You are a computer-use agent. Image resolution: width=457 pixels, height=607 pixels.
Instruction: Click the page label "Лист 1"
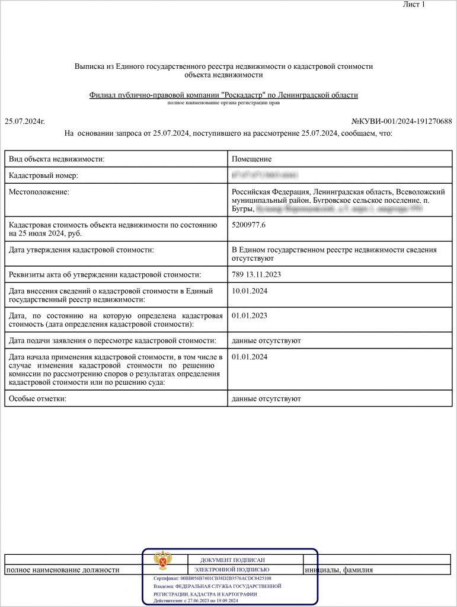pyautogui.click(x=414, y=5)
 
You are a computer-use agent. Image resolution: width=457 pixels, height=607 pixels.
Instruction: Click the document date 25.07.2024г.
pyautogui.click(x=25, y=121)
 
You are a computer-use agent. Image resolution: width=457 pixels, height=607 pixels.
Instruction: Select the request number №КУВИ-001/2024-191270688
pyautogui.click(x=401, y=121)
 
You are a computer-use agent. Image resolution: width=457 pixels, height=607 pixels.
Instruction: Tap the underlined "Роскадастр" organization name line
pyautogui.click(x=223, y=95)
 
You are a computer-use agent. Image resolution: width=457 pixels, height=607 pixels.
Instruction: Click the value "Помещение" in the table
pyautogui.click(x=252, y=159)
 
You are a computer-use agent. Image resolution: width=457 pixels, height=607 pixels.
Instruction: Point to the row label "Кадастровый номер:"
pyautogui.click(x=44, y=176)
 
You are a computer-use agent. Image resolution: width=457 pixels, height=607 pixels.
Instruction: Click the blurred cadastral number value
pyautogui.click(x=265, y=176)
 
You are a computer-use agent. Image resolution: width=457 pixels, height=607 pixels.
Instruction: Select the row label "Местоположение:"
pyautogui.click(x=39, y=192)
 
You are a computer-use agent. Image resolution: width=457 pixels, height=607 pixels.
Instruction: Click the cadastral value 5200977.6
pyautogui.click(x=249, y=225)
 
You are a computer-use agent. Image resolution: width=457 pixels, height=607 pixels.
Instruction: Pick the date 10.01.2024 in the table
pyautogui.click(x=250, y=290)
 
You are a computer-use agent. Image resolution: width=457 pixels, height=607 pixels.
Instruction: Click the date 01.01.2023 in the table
pyautogui.click(x=250, y=315)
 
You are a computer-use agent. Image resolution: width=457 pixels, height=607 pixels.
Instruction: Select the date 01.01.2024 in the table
pyautogui.click(x=250, y=357)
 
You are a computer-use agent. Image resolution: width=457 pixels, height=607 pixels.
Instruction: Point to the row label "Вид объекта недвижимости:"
pyautogui.click(x=57, y=159)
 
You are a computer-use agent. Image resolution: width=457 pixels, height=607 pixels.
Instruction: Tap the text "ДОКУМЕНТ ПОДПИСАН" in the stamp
pyautogui.click(x=232, y=560)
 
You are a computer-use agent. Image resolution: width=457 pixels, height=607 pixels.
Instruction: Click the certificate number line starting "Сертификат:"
pyautogui.click(x=212, y=578)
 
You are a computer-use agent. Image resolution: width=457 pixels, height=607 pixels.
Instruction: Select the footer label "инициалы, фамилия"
pyautogui.click(x=338, y=570)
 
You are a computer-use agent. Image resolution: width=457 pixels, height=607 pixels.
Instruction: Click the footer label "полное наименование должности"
pyautogui.click(x=63, y=570)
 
